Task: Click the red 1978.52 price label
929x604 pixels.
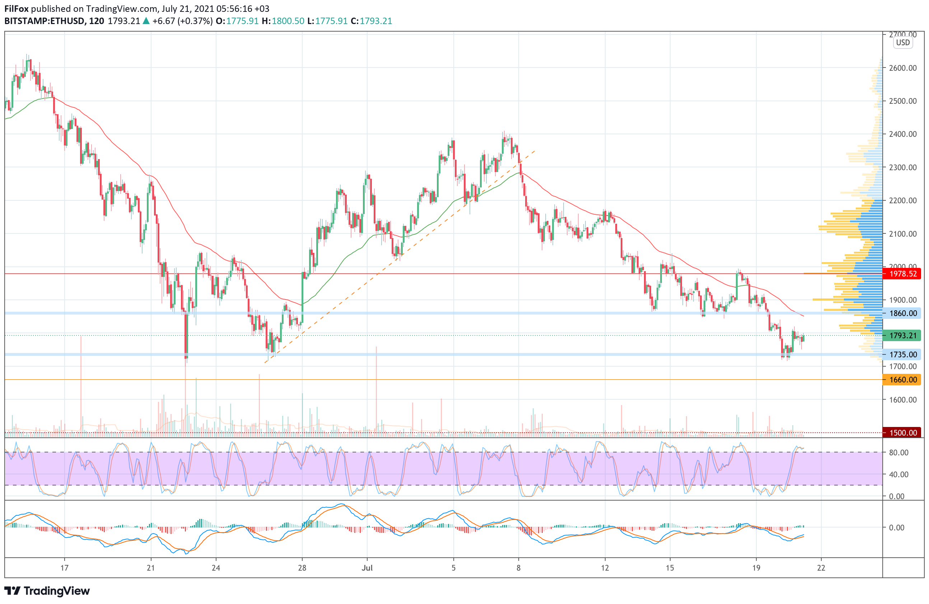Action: point(902,274)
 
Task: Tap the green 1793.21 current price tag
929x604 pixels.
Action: point(902,335)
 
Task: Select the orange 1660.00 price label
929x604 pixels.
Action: point(902,380)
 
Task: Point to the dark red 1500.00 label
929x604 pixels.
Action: point(902,433)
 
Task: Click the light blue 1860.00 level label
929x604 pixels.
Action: point(902,313)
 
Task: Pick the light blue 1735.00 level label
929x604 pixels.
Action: point(902,354)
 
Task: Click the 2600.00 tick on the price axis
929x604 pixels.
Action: point(902,68)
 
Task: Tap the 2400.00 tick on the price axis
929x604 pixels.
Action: point(902,134)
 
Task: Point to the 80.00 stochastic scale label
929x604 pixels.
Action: point(898,452)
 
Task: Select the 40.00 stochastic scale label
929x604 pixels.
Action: point(898,474)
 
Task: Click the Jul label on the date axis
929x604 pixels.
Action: point(367,568)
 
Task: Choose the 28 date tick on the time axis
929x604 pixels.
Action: point(302,568)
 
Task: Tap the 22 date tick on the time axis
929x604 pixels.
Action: point(821,568)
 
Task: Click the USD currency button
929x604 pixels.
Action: point(903,43)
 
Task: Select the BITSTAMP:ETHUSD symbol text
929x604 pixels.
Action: point(45,21)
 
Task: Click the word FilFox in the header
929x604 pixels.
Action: point(17,9)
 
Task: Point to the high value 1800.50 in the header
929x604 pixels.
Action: point(288,21)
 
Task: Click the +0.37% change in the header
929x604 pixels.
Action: point(195,21)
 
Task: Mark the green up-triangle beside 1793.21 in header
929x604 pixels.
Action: point(146,21)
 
